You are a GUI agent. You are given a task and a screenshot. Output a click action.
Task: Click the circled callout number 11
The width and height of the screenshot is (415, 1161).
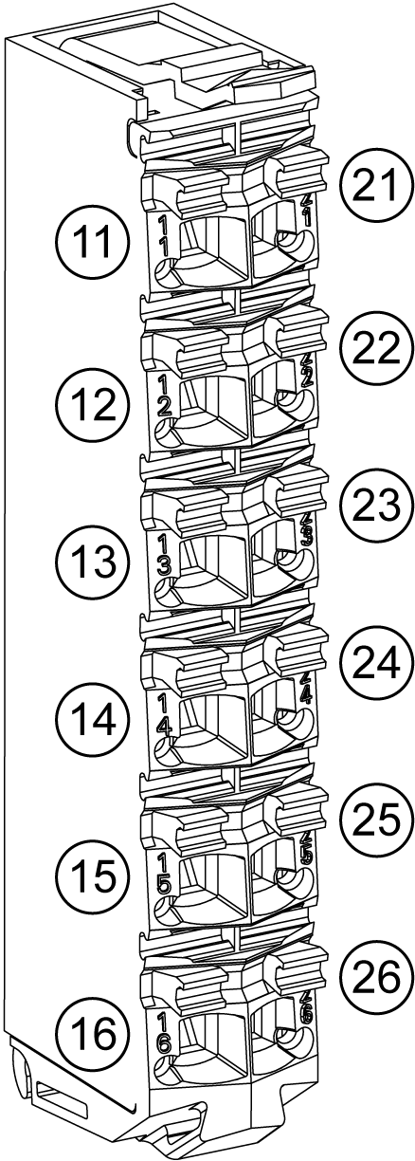pyautogui.click(x=92, y=242)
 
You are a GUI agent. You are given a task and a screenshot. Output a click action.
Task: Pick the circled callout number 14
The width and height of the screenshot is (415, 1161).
pyautogui.click(x=92, y=721)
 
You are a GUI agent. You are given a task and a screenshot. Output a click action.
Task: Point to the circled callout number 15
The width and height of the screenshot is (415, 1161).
pyautogui.click(x=92, y=880)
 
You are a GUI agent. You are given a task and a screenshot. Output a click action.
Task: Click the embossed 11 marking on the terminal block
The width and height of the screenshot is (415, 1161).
pyautogui.click(x=164, y=236)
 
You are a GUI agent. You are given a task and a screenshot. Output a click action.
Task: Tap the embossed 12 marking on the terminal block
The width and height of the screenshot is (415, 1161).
pyautogui.click(x=164, y=396)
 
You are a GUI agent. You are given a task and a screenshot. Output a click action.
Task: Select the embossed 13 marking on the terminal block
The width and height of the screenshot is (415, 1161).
pyautogui.click(x=164, y=556)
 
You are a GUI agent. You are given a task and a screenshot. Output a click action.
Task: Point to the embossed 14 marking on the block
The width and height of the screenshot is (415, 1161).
pyautogui.click(x=164, y=715)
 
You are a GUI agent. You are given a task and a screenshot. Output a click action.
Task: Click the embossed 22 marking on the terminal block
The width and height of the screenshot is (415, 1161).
pyautogui.click(x=306, y=369)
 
